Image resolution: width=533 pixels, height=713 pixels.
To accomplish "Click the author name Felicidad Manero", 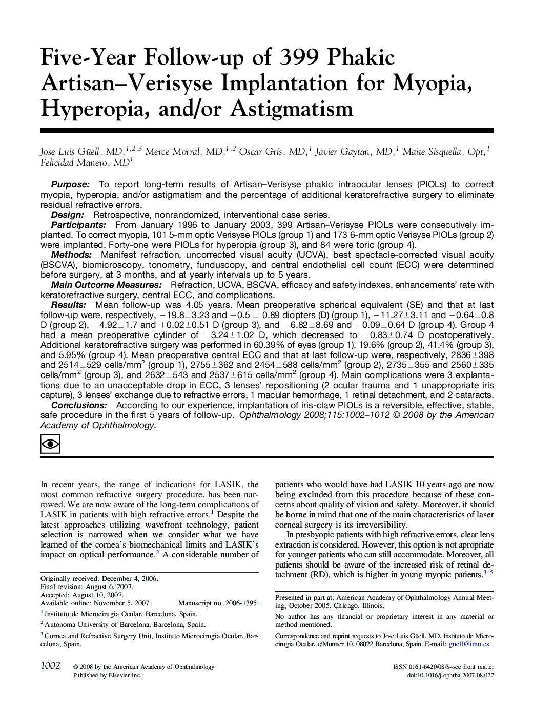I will tap(77, 163).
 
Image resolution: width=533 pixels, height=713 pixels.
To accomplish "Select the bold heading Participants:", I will tap(78, 225).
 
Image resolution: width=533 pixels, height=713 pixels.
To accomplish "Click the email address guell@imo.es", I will tap(469, 644).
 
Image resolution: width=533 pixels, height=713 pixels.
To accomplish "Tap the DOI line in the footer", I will tap(450, 676).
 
